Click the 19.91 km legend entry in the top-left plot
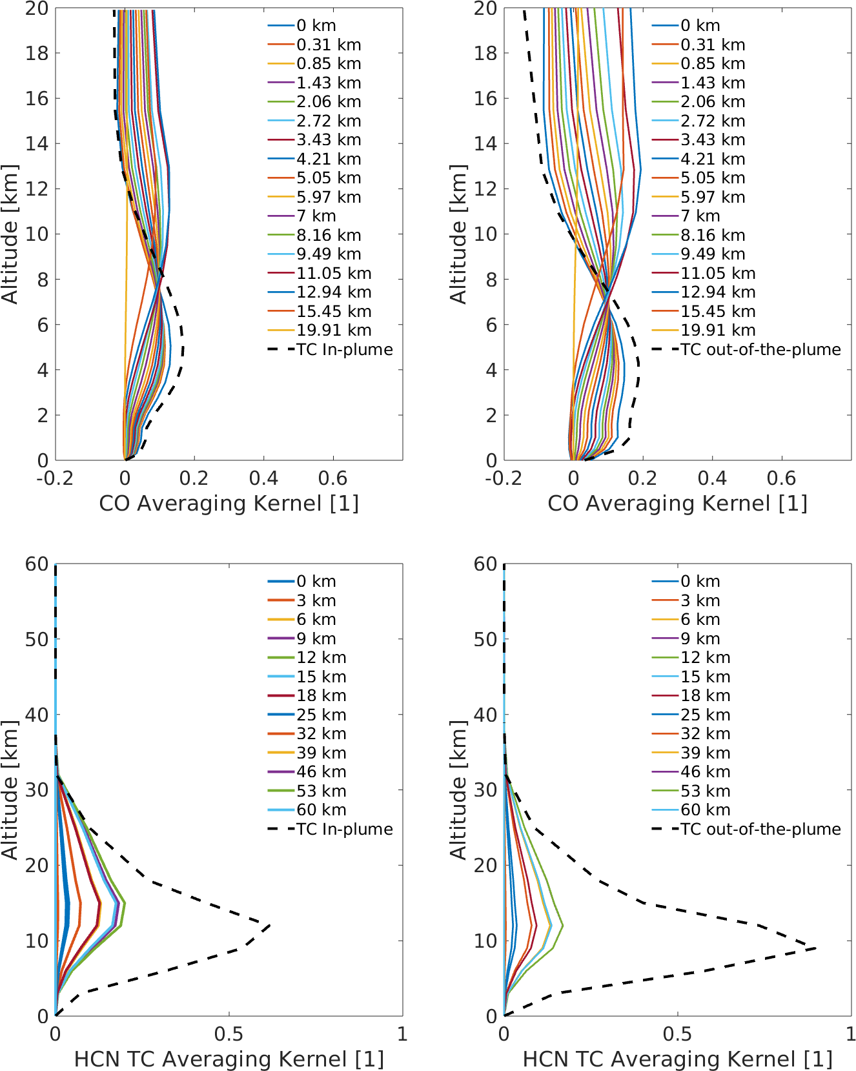coord(320,331)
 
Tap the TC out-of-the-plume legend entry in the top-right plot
coord(746,349)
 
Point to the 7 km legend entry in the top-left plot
coord(302,216)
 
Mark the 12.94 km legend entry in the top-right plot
coord(704,292)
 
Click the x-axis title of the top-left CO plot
coord(229,504)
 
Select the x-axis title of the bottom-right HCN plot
coord(677,1059)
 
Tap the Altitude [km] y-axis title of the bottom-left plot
coord(10,790)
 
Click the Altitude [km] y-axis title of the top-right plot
coord(458,234)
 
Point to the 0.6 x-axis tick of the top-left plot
coord(333,478)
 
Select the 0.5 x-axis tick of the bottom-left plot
coord(229,1034)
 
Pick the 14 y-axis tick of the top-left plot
coord(37,143)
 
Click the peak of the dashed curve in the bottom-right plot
coord(816,948)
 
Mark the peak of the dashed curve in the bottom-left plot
coord(270,925)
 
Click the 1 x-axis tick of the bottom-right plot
coord(850,1034)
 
